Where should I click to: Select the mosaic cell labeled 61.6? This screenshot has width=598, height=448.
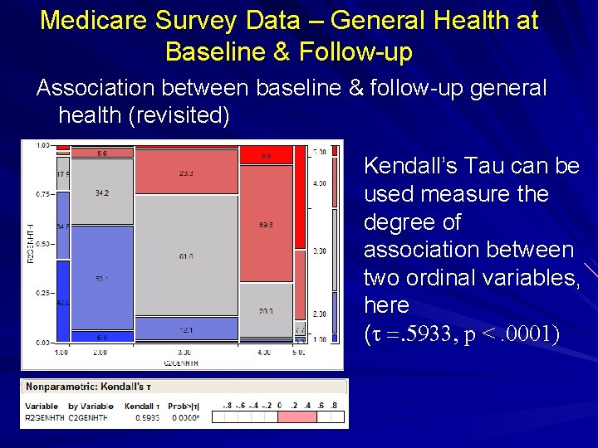pyautogui.click(x=185, y=257)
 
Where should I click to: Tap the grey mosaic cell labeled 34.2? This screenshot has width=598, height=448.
pyautogui.click(x=102, y=192)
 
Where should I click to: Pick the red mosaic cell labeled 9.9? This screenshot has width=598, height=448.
pyautogui.click(x=266, y=155)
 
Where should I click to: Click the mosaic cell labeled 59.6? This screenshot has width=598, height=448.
pyautogui.click(x=266, y=224)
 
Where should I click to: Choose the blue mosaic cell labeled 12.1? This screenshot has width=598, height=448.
pyautogui.click(x=185, y=330)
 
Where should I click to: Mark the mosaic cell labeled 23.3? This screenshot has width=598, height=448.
pyautogui.click(x=185, y=173)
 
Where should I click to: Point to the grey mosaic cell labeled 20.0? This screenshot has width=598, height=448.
pyautogui.click(x=266, y=311)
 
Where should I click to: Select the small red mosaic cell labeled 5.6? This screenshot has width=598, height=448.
pyautogui.click(x=102, y=153)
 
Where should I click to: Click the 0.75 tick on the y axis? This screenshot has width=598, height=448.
pyautogui.click(x=41, y=195)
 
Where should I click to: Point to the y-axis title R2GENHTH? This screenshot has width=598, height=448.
pyautogui.click(x=27, y=245)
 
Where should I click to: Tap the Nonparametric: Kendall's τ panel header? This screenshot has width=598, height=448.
pyautogui.click(x=87, y=387)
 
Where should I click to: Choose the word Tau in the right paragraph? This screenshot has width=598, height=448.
pyautogui.click(x=481, y=166)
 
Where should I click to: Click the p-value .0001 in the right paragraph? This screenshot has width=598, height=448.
pyautogui.click(x=532, y=334)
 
